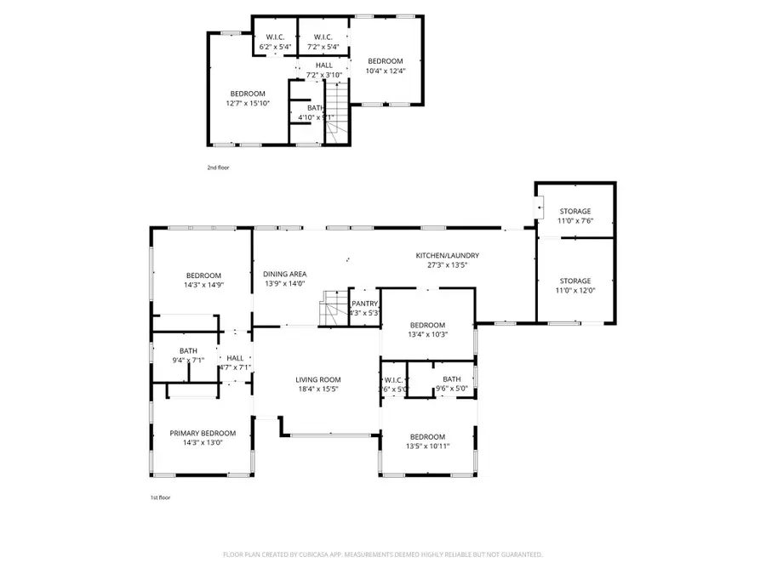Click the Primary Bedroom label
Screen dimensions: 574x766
tap(203, 433)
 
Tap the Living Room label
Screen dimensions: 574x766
tap(318, 379)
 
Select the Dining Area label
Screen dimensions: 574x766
tap(285, 273)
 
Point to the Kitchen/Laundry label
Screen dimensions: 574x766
tap(447, 255)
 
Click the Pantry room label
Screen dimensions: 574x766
tap(364, 303)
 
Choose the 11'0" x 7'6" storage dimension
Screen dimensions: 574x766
tap(574, 221)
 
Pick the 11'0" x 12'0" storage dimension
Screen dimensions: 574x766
tap(574, 291)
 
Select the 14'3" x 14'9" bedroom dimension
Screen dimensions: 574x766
tap(204, 285)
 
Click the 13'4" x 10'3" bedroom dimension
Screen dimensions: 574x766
tap(427, 334)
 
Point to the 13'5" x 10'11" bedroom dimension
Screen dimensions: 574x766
tap(427, 446)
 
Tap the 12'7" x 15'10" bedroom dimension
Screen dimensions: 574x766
tap(247, 104)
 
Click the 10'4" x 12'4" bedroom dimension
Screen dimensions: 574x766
tap(386, 71)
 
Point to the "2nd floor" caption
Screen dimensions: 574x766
tap(218, 168)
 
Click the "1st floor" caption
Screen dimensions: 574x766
tap(159, 497)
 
